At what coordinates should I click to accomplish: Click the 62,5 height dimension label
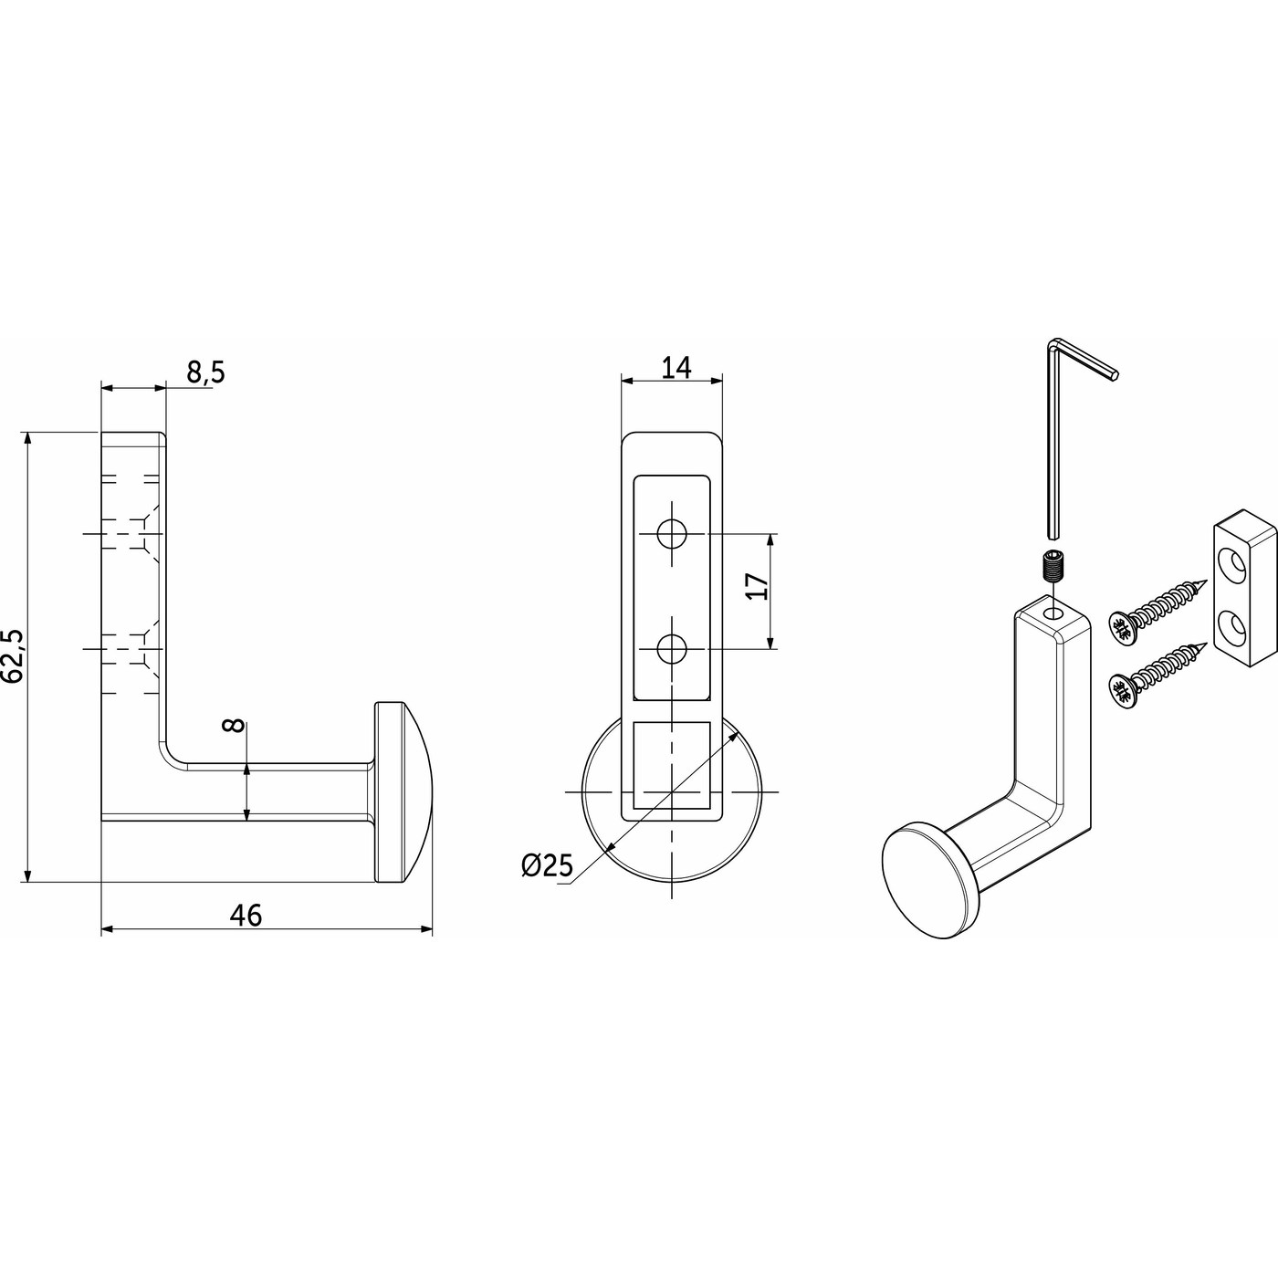coord(14,656)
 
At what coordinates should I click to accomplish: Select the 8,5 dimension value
coord(205,373)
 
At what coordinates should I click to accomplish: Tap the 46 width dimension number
coord(246,916)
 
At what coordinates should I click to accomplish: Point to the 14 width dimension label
coord(676,367)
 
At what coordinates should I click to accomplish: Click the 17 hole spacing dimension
coord(758,585)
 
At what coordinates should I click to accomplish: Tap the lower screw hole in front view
coord(672,648)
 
